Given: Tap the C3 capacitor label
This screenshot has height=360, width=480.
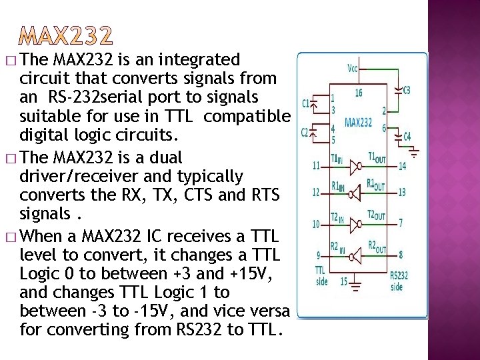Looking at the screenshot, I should tap(407, 89).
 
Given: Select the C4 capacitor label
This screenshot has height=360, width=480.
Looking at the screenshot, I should tap(407, 137).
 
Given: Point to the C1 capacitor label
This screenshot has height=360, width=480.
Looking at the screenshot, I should tap(305, 103).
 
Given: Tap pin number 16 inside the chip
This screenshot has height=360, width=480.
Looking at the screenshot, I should tap(359, 93).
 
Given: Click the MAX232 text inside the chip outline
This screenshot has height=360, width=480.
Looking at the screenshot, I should tap(359, 123).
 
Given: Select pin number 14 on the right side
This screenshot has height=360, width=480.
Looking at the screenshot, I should tap(402, 165).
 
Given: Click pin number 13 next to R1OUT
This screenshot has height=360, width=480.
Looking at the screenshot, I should tap(402, 193).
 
